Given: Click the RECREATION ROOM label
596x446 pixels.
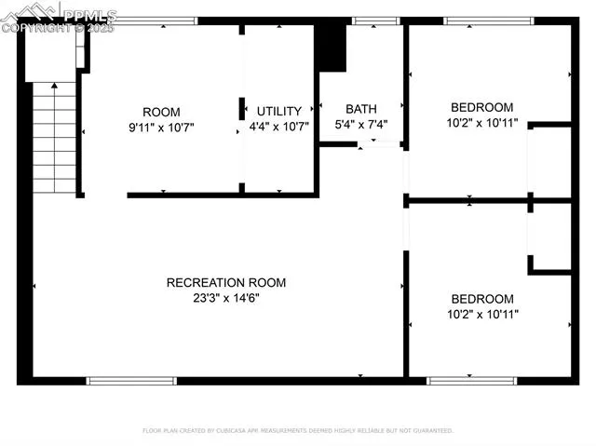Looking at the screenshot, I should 226,282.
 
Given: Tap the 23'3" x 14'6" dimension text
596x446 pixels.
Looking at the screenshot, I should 226,297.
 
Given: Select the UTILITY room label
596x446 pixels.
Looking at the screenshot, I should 279,111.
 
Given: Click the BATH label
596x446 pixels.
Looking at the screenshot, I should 360,108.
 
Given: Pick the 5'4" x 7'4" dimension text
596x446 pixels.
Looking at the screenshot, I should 360,123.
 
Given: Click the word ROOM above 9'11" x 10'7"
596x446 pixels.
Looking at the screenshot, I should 161,112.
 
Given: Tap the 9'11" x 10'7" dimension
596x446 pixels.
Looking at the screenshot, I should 161,127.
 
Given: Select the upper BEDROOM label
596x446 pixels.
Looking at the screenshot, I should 482,107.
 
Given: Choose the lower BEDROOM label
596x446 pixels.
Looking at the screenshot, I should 482,299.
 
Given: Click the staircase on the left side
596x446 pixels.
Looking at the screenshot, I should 55,138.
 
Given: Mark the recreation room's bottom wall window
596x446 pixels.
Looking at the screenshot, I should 131,380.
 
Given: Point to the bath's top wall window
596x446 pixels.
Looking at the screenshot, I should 375,20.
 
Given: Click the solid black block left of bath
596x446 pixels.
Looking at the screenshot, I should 330,45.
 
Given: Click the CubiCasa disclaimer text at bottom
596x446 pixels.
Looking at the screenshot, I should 298,431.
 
